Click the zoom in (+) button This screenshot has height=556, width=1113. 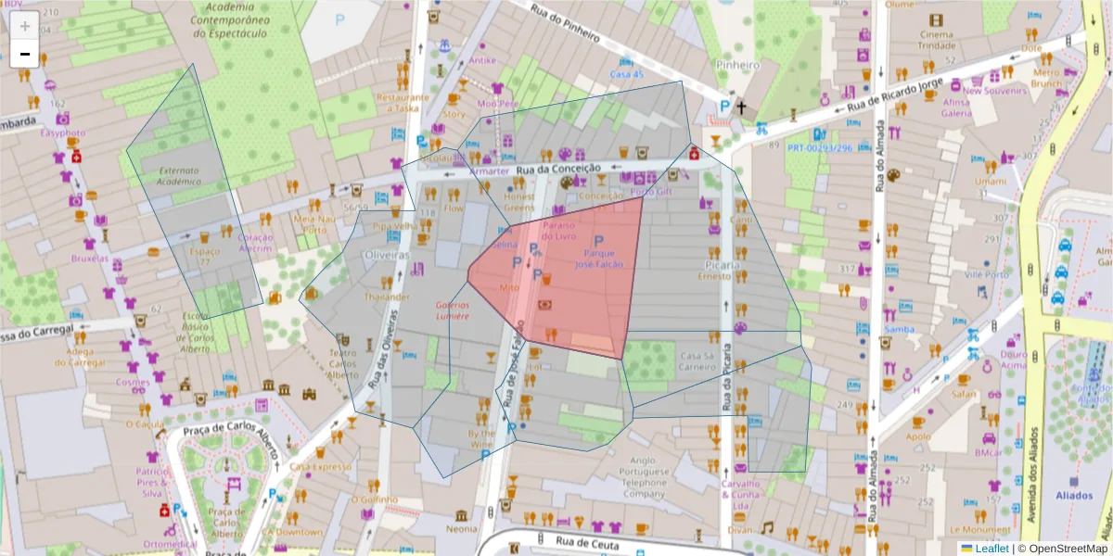pyautogui.click(x=25, y=26)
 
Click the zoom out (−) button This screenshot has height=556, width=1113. pyautogui.click(x=25, y=54)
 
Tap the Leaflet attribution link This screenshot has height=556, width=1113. pyautogui.click(x=991, y=549)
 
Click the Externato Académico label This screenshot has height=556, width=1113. pyautogui.click(x=179, y=176)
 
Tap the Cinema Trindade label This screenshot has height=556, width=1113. pyautogui.click(x=936, y=40)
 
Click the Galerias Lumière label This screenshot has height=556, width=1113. pyautogui.click(x=453, y=310)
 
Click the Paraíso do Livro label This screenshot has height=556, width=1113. pyautogui.click(x=560, y=231)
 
